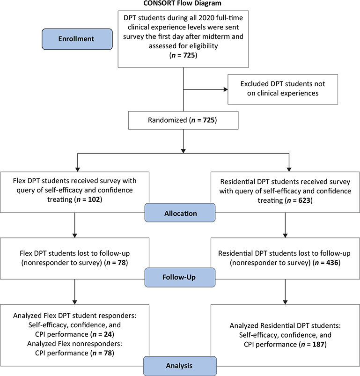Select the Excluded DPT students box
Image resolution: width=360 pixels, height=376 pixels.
coord(282,88)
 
